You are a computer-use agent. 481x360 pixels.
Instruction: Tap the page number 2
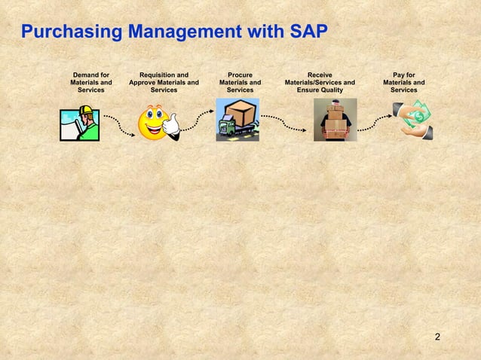coord(437,334)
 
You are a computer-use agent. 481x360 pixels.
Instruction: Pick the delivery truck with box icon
coord(237,121)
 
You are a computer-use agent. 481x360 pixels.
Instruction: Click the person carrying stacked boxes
coord(335,121)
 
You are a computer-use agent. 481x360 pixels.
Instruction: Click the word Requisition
coord(158,75)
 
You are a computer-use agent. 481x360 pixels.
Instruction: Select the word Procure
coord(240,75)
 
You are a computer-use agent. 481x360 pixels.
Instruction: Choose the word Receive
coord(320,75)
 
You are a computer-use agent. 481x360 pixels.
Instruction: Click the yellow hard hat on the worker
coord(86,111)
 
